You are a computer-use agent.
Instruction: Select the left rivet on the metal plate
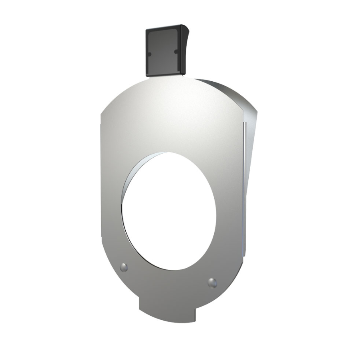tap(124, 267)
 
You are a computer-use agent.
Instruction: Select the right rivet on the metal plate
tap(212, 283)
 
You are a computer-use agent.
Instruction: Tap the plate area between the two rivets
tap(168, 280)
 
